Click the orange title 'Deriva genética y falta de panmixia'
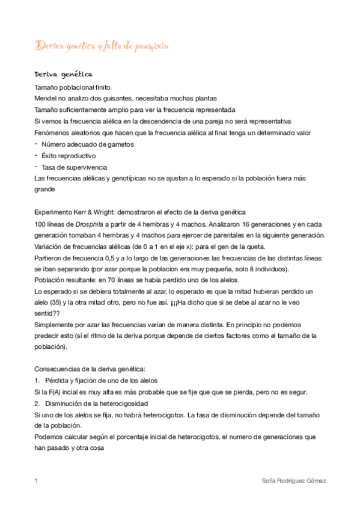pos(102,46)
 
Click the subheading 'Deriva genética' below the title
pos(63,74)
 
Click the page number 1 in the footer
pos(37,481)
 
